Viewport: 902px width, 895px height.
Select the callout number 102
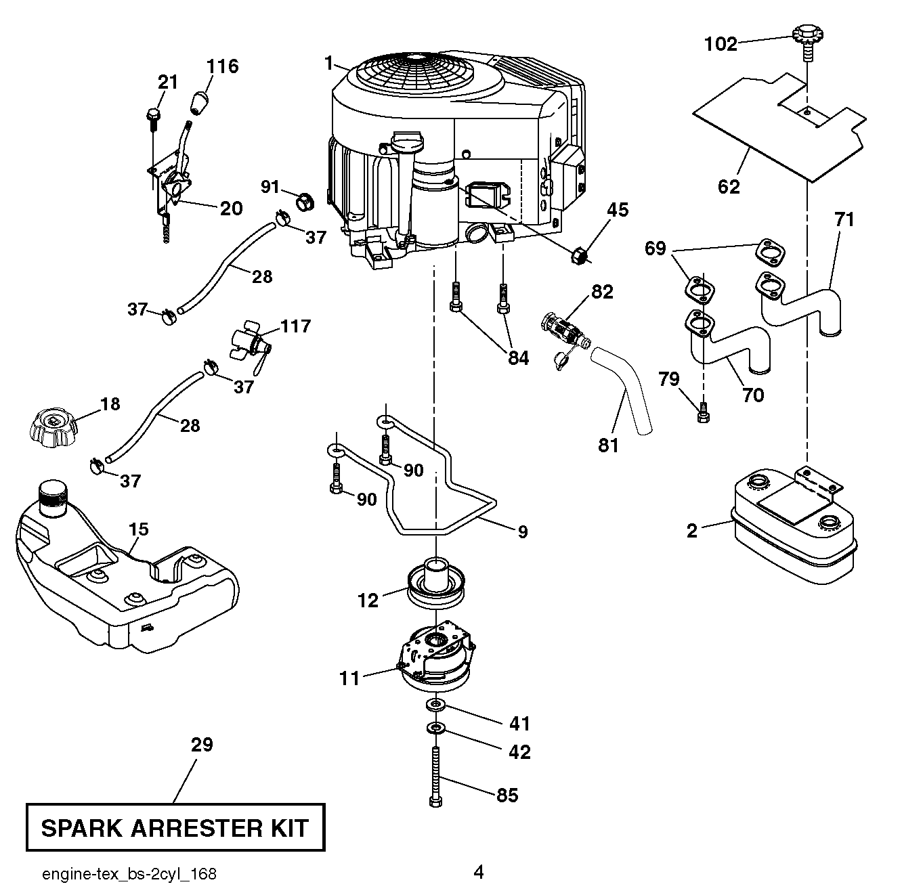click(x=721, y=44)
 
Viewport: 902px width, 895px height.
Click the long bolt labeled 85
click(x=435, y=775)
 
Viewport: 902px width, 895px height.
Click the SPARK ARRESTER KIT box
click(x=175, y=827)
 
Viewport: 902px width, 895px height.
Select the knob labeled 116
click(x=199, y=102)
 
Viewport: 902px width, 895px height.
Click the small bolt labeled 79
click(x=704, y=412)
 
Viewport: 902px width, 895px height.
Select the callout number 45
click(x=617, y=211)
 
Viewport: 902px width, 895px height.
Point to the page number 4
click(x=479, y=873)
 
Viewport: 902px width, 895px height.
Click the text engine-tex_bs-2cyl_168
click(x=129, y=874)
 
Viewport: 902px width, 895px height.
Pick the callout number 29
click(x=202, y=745)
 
